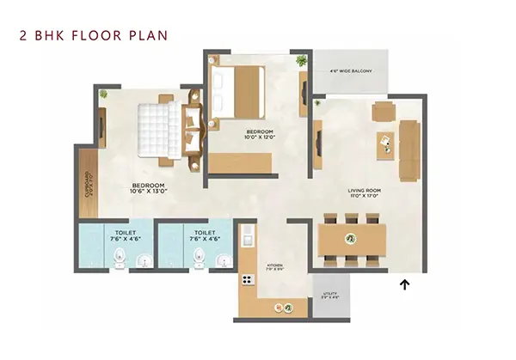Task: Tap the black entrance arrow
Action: pos(403,284)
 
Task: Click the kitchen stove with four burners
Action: pos(246,279)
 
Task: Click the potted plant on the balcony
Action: pos(301,62)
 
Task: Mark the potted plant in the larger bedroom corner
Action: pos(103,93)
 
